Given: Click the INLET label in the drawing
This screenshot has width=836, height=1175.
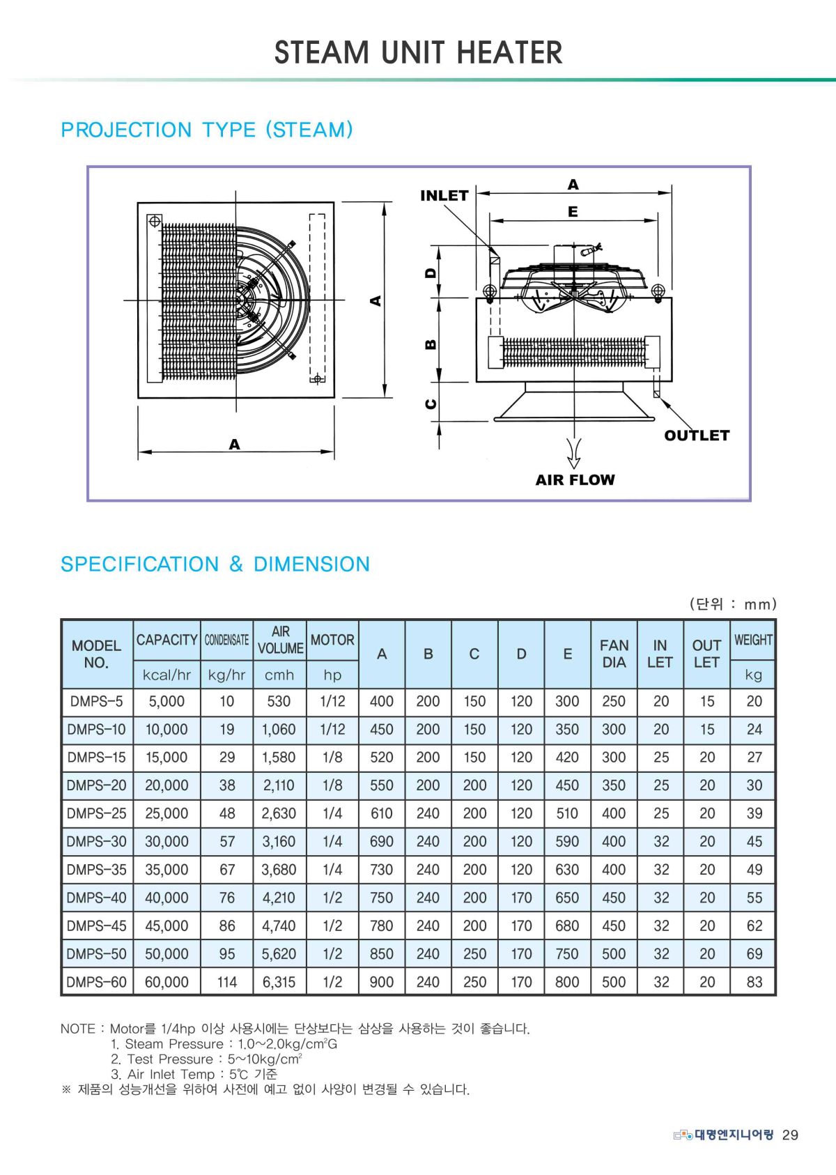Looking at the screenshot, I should tap(444, 196).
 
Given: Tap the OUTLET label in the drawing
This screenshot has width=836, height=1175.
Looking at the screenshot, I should tap(696, 436).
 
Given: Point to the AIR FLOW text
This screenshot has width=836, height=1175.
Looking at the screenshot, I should tap(575, 479).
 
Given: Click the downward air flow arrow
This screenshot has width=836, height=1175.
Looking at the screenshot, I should tap(573, 453).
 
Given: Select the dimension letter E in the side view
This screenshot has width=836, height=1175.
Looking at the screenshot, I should tap(573, 211).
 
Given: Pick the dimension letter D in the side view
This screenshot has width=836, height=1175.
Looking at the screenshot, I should tap(431, 272).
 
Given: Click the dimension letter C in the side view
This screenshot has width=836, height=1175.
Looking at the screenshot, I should tap(431, 404).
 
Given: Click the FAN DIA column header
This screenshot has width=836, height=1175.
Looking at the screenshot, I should tap(614, 654).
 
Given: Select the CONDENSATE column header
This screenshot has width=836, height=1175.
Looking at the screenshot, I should tap(226, 640).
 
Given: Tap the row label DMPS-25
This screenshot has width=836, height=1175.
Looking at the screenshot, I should tap(97, 813).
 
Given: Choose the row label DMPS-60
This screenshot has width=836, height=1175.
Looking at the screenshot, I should tap(97, 982).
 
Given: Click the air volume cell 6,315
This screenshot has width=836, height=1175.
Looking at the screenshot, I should tap(279, 982).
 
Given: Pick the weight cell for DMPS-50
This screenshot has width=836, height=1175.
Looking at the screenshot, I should tap(754, 953).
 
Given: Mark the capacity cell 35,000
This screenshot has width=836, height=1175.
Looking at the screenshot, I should tap(167, 870).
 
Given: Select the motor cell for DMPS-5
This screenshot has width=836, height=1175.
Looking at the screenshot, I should tap(332, 701).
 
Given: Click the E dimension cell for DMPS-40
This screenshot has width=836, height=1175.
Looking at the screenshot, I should tap(567, 898).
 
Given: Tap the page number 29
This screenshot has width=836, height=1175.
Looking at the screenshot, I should tap(790, 1135).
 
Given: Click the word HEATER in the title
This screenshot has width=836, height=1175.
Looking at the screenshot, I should tap(509, 52).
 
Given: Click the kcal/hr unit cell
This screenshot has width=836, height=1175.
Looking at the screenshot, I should tap(167, 675).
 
